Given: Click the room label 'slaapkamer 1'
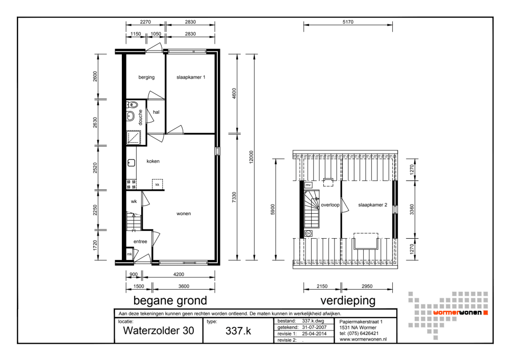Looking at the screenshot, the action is [x=191, y=77].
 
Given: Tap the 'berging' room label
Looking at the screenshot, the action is [x=146, y=78].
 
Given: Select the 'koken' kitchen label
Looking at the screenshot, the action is [x=153, y=161].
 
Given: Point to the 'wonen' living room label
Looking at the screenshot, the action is [x=184, y=214].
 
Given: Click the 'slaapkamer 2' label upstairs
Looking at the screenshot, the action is [x=373, y=205].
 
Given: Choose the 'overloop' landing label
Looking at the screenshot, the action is [x=330, y=205].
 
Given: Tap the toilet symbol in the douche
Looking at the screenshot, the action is [x=133, y=105].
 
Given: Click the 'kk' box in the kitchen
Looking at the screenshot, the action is [x=158, y=185].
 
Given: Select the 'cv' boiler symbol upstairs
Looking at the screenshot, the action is [x=309, y=233].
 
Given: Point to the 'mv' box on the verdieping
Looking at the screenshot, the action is [x=309, y=185].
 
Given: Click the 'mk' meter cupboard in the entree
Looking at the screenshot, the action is [x=130, y=254].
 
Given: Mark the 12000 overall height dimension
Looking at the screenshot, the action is [x=251, y=157].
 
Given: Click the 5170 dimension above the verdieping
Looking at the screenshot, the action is [x=348, y=22].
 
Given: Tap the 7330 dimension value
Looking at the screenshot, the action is [x=234, y=197].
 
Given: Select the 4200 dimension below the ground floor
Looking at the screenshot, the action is [x=178, y=274].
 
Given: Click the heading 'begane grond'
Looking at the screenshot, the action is [x=170, y=300].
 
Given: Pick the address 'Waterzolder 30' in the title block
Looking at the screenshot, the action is [x=159, y=330].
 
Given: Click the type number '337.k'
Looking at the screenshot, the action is [x=238, y=331].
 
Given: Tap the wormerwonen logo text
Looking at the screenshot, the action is [x=457, y=313].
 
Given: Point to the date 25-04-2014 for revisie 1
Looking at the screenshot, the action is [x=314, y=333].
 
